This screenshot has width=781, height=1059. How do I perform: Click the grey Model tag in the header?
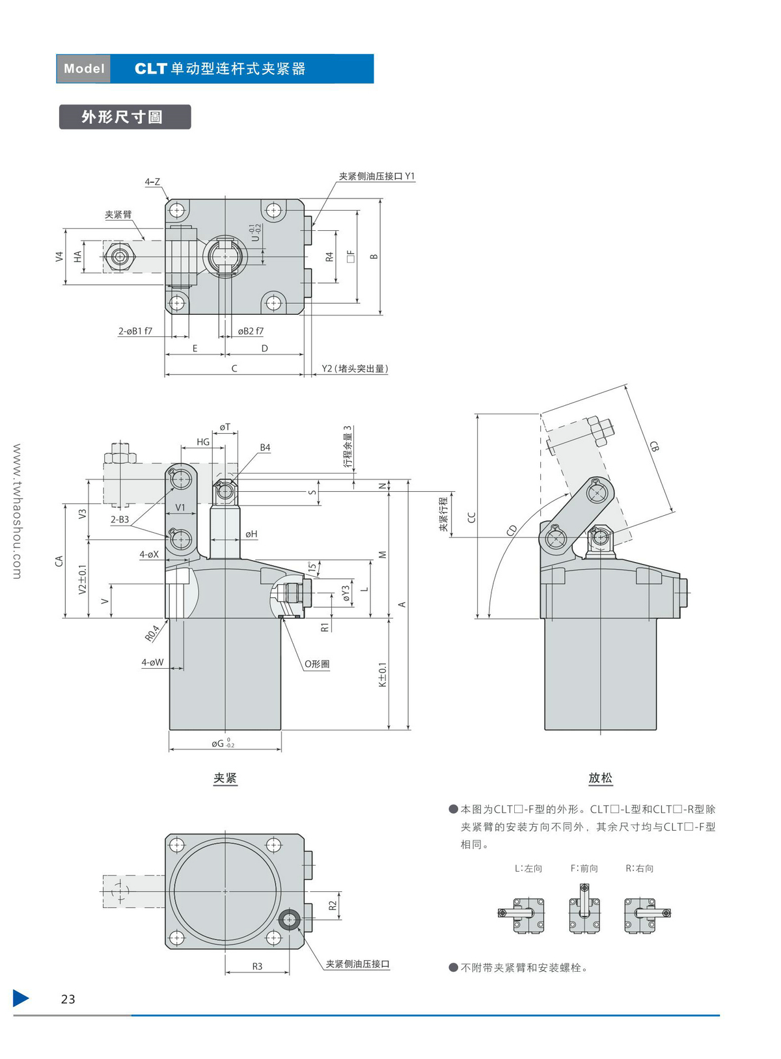pos(84,69)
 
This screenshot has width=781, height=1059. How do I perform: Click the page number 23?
pos(68,999)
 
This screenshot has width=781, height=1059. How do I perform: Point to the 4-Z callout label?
pos(152,182)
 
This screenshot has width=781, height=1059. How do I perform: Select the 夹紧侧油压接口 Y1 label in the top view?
pos(376,176)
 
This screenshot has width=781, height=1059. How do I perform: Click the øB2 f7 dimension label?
pos(251,331)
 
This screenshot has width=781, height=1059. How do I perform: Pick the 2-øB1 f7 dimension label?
pos(135,331)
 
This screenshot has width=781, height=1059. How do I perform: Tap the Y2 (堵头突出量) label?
pos(355,369)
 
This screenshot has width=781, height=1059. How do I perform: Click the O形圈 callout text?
pos(317,664)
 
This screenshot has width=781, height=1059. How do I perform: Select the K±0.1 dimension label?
pos(383,675)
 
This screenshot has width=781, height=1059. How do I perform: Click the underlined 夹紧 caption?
pos(225,778)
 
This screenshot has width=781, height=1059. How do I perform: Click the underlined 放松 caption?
pos(600,778)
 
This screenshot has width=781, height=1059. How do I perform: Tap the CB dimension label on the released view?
pos(654,446)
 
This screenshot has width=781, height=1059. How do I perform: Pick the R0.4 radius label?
pos(152,633)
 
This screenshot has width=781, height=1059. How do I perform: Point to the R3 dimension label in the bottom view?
pos(257,967)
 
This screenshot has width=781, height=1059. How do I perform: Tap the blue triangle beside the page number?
pos(21,998)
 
